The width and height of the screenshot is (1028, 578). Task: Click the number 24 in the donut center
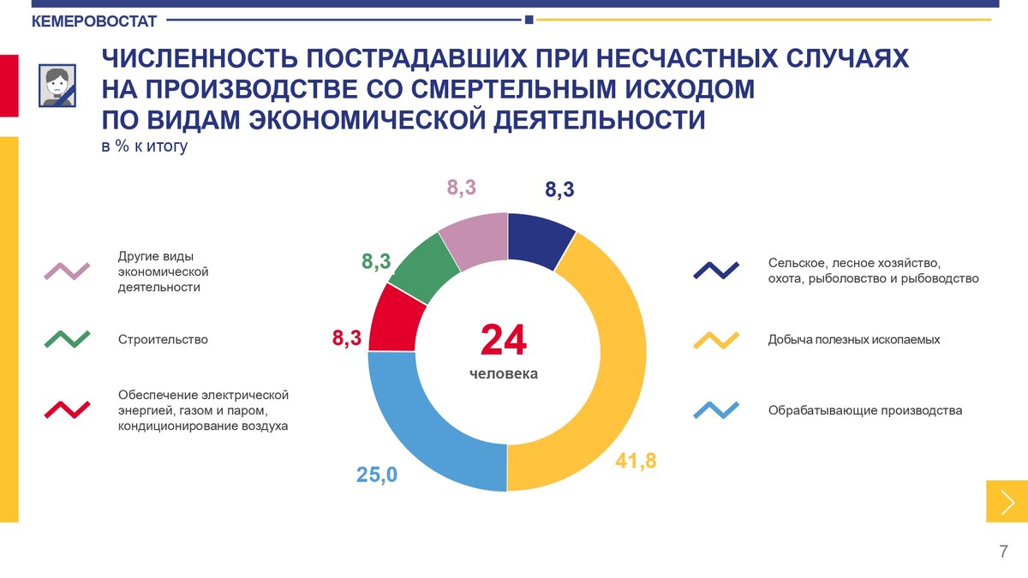(x=504, y=340)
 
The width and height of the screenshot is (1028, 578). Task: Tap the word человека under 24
(x=504, y=374)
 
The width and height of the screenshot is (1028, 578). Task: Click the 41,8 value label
(x=636, y=461)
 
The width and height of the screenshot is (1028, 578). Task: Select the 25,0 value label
(x=377, y=474)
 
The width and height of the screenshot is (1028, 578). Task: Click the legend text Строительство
(x=163, y=340)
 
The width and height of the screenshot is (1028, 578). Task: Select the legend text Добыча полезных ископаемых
(x=854, y=340)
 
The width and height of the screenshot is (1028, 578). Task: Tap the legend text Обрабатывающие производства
(x=865, y=411)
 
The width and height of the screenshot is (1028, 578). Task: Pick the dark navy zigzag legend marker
(x=716, y=271)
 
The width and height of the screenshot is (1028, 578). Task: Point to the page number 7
(x=1003, y=551)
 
